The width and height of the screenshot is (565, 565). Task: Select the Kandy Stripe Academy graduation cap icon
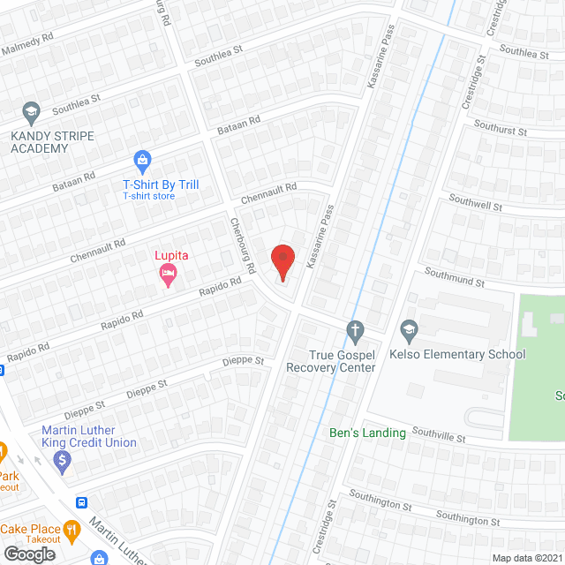(31, 112)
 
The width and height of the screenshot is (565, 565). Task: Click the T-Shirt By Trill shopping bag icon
(141, 161)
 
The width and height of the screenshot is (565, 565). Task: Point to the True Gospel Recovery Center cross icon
(355, 332)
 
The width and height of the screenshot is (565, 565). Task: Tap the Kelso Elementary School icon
(409, 332)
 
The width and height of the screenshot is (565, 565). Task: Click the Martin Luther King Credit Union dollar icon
(62, 459)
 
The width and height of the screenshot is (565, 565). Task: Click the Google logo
(29, 554)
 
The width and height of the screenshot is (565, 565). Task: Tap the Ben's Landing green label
(367, 433)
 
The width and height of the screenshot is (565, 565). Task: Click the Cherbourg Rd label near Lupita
(243, 245)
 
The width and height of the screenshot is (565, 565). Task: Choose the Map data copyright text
(526, 558)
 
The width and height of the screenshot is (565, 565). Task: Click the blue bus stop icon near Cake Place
(81, 502)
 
